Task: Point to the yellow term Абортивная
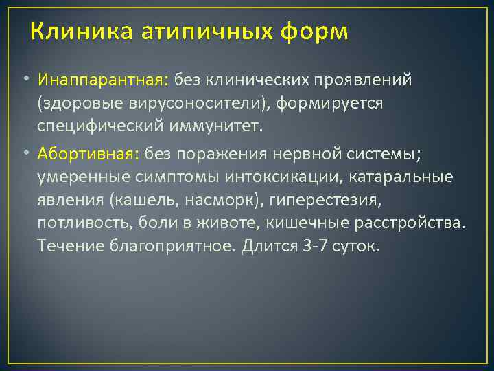[x=90, y=153]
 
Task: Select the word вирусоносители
[x=185, y=103]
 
